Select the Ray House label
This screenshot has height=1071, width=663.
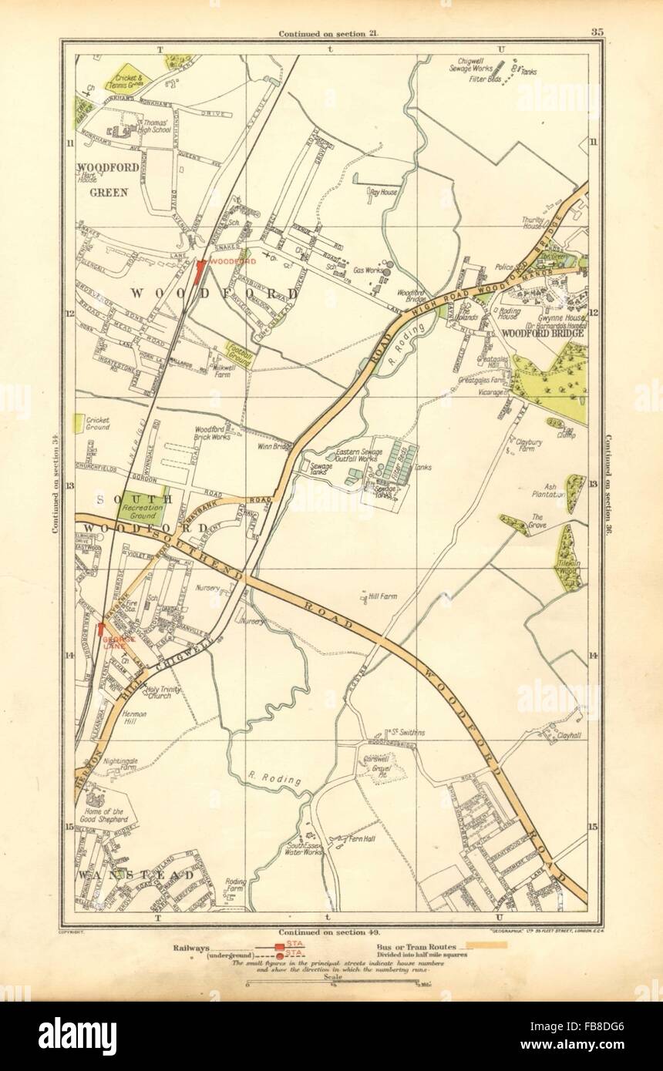383,191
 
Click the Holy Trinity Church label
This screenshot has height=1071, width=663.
161,692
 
